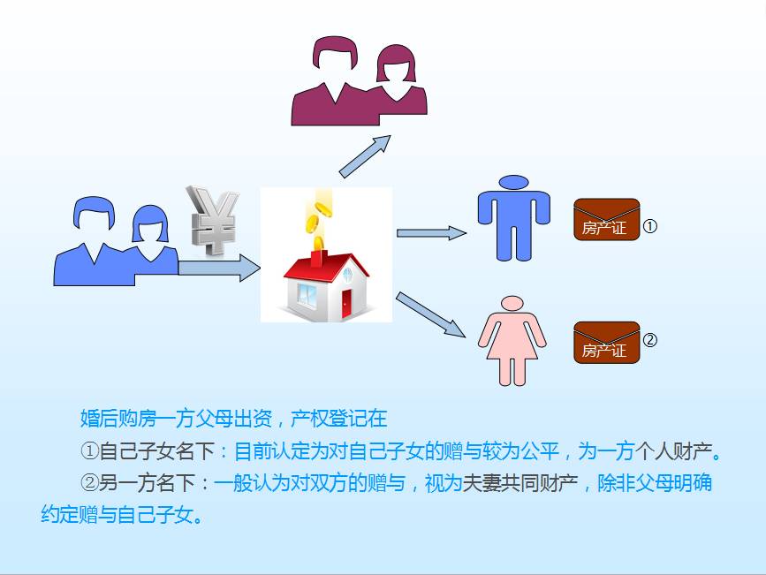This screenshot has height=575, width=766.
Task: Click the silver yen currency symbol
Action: coord(213,220)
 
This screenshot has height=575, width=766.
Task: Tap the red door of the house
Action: coord(346,304)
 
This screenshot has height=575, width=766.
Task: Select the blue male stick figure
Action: coord(514,218)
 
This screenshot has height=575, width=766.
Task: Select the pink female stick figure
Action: coord(512,341)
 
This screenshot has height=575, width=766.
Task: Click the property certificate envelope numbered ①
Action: coord(606,219)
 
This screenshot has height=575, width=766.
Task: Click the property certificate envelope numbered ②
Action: coord(606,343)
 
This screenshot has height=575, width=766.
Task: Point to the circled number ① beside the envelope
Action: coord(649,226)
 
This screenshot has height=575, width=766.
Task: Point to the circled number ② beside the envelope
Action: coord(649,339)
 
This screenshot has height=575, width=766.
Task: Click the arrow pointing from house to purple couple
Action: coord(365,156)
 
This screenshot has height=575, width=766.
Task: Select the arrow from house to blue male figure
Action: coord(431,233)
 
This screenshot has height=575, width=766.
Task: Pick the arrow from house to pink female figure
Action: coord(430,314)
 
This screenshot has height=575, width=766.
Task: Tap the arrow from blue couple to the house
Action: coord(219,268)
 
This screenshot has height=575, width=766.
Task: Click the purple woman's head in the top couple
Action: coord(396,64)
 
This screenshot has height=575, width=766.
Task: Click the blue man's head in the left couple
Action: coord(95,213)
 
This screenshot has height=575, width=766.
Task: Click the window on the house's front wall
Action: coord(307,295)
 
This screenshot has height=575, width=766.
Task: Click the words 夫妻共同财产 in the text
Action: coord(520,483)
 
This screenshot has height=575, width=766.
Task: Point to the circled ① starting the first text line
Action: coord(90,451)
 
